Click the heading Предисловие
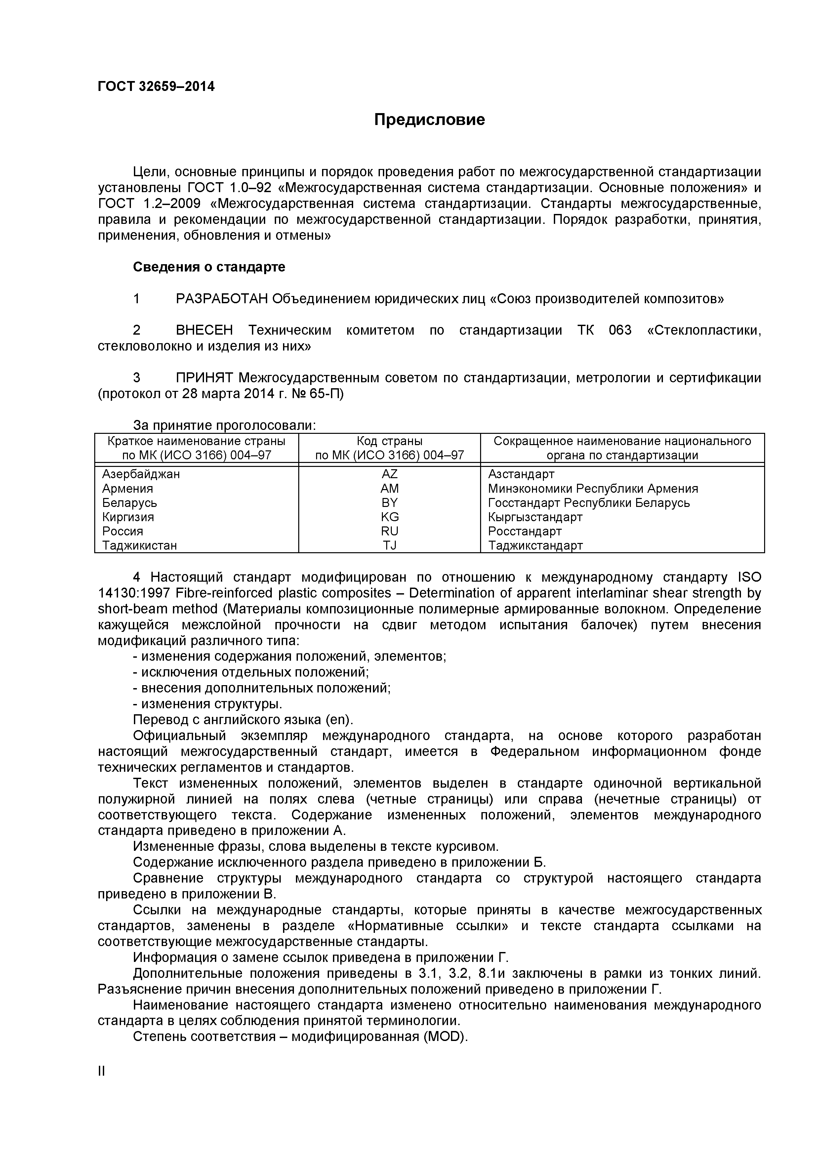point(430,120)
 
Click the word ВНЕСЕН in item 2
point(205,330)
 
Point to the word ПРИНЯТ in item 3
point(205,378)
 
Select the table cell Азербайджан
point(141,474)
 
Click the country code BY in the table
point(389,503)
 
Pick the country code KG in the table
point(389,517)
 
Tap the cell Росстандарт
point(525,531)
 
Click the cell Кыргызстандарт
point(535,517)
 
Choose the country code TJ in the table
point(389,545)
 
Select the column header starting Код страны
point(389,441)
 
